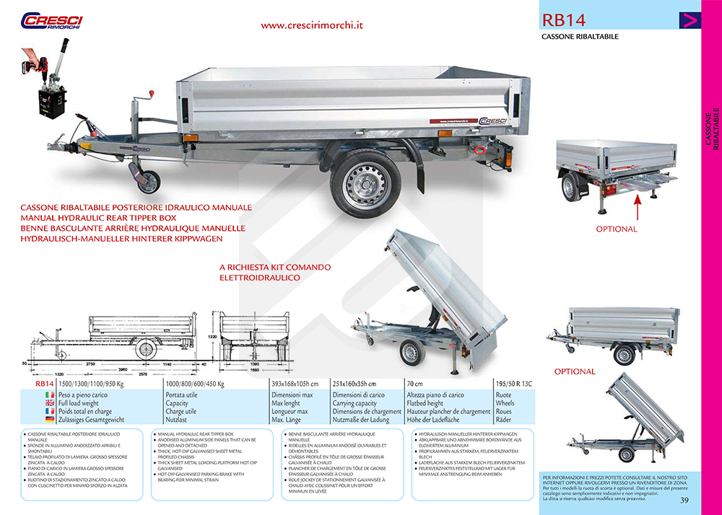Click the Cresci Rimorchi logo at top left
(51, 21)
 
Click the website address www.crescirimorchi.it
(312, 25)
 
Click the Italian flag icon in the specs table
(51, 395)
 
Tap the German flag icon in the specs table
(51, 419)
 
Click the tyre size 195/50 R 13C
(513, 384)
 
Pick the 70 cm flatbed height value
(414, 384)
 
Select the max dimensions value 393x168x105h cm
(295, 384)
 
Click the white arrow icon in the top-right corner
(690, 20)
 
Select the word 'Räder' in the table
(504, 419)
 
